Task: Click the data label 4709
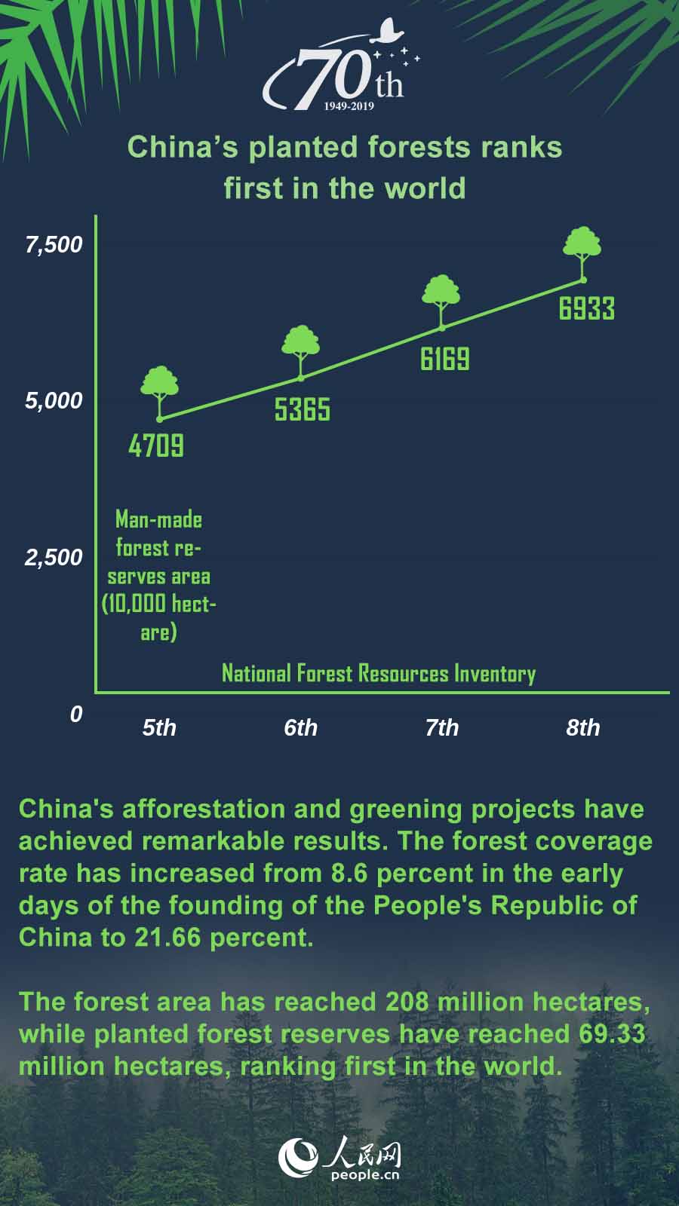(x=156, y=445)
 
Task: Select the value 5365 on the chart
(x=302, y=409)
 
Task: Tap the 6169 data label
(x=444, y=359)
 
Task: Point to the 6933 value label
(x=586, y=308)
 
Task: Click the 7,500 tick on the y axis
(x=54, y=244)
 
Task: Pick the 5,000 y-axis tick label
(x=54, y=400)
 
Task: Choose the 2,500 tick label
(x=54, y=557)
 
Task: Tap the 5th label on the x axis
(x=159, y=727)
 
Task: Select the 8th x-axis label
(x=583, y=727)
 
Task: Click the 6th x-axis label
(x=300, y=727)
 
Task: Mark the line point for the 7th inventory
(x=442, y=327)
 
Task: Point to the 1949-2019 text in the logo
(x=349, y=106)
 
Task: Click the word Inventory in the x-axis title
(x=495, y=673)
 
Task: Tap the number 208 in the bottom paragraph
(x=407, y=1002)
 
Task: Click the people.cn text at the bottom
(x=364, y=1174)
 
